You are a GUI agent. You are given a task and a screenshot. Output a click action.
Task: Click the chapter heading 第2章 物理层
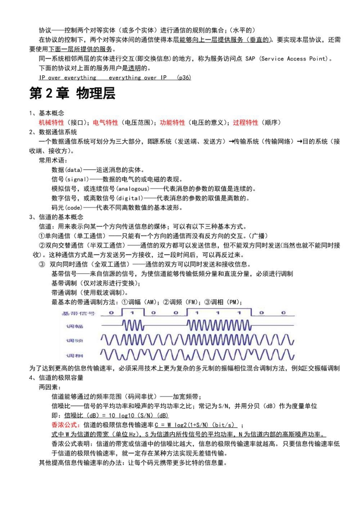pyautogui.click(x=72, y=94)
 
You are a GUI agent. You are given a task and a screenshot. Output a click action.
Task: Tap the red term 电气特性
pyautogui.click(x=106, y=122)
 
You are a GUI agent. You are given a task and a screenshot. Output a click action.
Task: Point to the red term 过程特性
pyautogui.click(x=245, y=122)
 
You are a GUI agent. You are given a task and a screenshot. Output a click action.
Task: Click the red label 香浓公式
pyautogui.click(x=67, y=425)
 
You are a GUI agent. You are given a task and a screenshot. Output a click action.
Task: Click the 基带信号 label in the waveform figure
pyautogui.click(x=79, y=313)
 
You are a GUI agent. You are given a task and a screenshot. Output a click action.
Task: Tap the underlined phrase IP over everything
pyautogui.click(x=68, y=78)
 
